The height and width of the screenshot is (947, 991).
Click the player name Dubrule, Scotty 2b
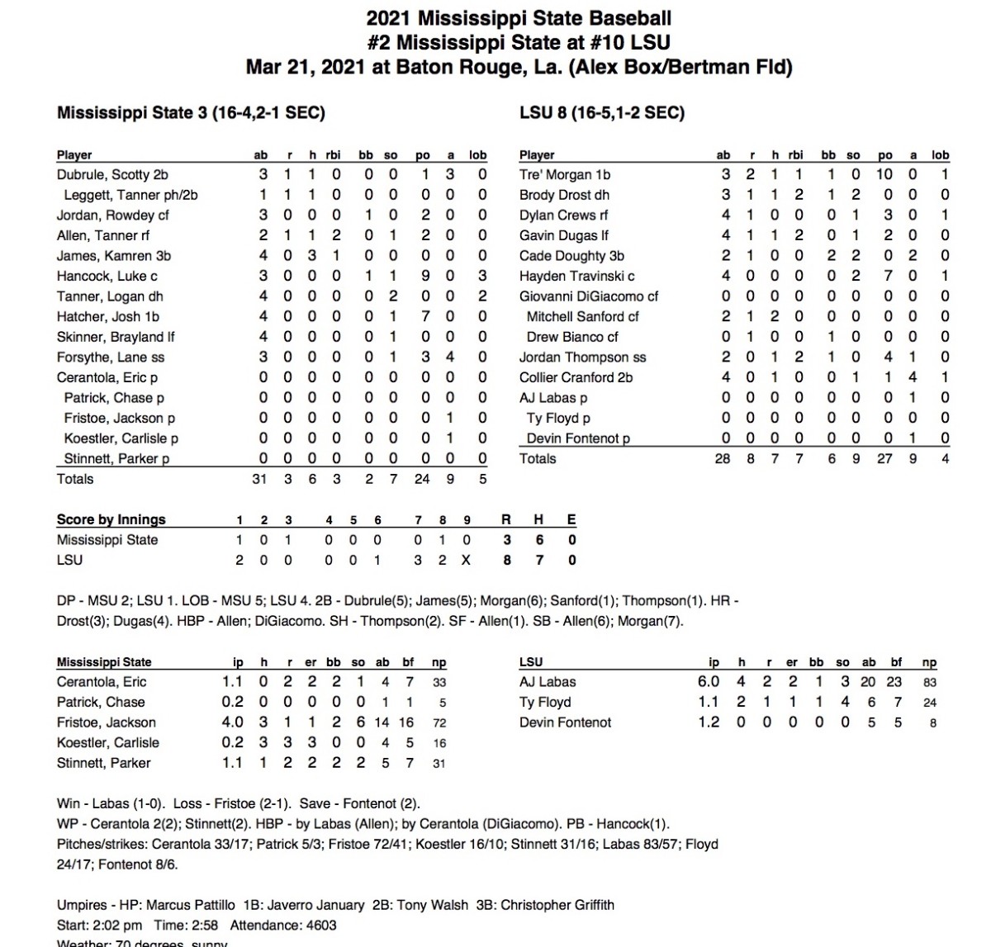click(112, 175)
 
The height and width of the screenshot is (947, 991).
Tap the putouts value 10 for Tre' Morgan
click(884, 175)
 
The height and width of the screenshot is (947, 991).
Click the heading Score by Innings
click(111, 519)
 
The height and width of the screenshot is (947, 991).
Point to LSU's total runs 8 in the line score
click(506, 560)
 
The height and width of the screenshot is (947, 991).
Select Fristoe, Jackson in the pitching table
click(107, 722)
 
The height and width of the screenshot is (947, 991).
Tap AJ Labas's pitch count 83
click(929, 683)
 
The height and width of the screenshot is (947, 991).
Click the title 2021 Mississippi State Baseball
click(519, 18)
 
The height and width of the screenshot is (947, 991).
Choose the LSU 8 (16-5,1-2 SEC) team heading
click(602, 113)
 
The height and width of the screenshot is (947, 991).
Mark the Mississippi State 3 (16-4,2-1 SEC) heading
click(191, 113)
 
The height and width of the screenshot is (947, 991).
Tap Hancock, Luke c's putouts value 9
click(423, 277)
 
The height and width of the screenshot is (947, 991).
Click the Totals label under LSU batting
click(538, 459)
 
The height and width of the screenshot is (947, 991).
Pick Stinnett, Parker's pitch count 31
click(439, 764)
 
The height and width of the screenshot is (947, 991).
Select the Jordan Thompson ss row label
click(582, 357)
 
